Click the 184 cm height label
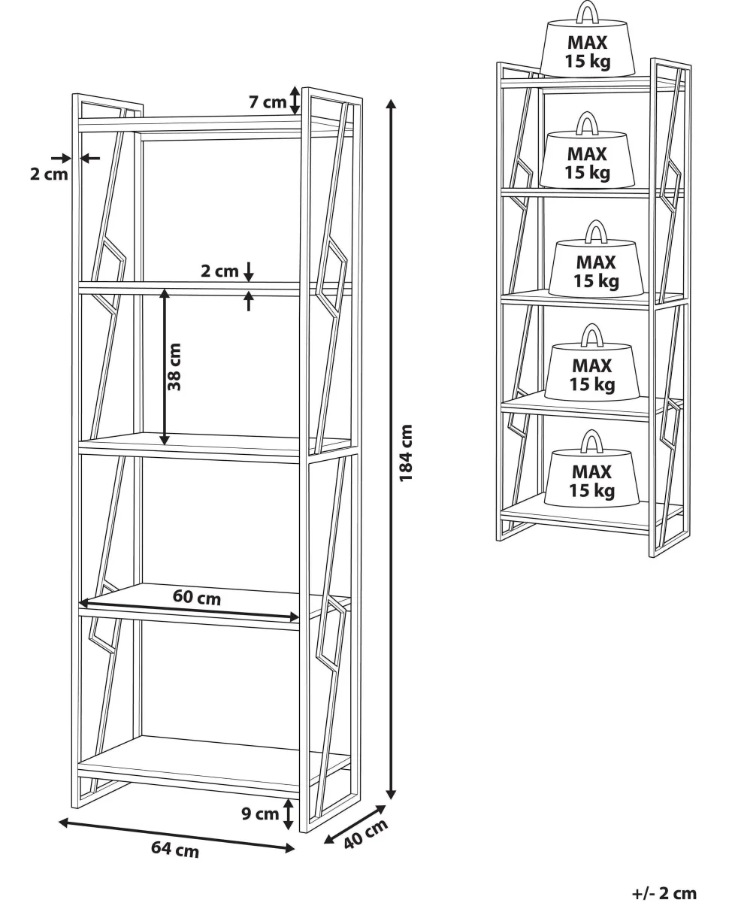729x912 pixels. click(x=406, y=453)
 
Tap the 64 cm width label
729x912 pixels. click(x=175, y=850)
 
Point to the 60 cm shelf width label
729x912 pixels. click(x=197, y=597)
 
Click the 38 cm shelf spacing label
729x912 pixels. click(x=174, y=367)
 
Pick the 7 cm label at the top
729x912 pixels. click(x=268, y=102)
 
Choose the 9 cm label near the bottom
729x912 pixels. click(x=260, y=814)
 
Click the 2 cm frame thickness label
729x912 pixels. click(x=49, y=174)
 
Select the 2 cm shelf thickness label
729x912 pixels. click(x=219, y=271)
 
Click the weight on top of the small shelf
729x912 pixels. click(x=588, y=41)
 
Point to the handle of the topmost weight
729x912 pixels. click(x=588, y=12)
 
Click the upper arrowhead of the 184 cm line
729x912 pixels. click(x=392, y=103)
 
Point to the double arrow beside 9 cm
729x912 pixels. click(x=289, y=814)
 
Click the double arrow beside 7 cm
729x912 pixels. click(x=295, y=101)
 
